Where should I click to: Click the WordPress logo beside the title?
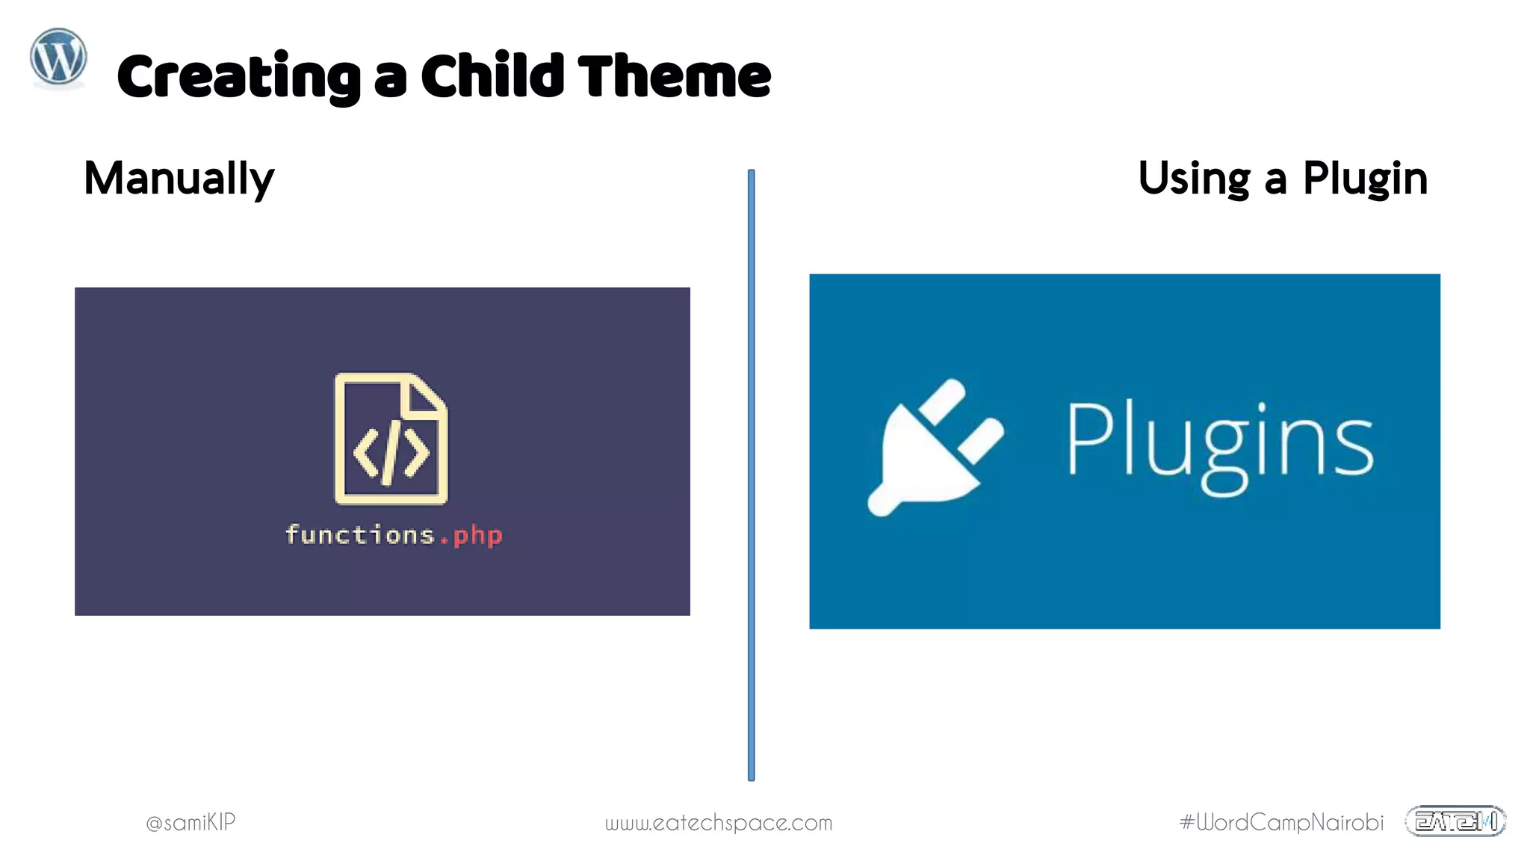click(58, 58)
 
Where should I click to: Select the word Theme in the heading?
click(674, 76)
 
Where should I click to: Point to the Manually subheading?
click(179, 179)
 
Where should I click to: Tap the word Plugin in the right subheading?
click(1365, 179)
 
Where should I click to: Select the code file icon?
click(391, 439)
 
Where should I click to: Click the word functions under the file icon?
click(360, 535)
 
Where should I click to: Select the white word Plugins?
click(1218, 445)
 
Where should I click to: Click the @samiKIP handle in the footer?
click(191, 822)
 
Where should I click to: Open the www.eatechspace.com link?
click(718, 823)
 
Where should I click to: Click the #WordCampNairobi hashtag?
click(1281, 822)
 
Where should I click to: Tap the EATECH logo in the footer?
click(1455, 821)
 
